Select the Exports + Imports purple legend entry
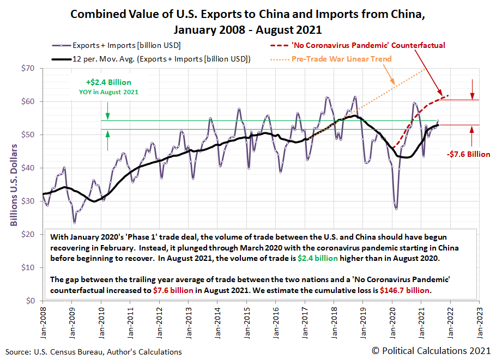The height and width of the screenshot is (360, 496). click(126, 45)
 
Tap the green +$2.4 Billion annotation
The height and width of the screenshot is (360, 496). click(108, 82)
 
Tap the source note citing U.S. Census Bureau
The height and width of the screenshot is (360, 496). click(94, 352)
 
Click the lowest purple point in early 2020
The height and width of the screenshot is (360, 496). click(396, 209)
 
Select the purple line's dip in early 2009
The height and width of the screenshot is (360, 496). click(74, 223)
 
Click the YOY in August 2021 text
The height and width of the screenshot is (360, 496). click(108, 92)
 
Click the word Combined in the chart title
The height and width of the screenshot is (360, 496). click(98, 14)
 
